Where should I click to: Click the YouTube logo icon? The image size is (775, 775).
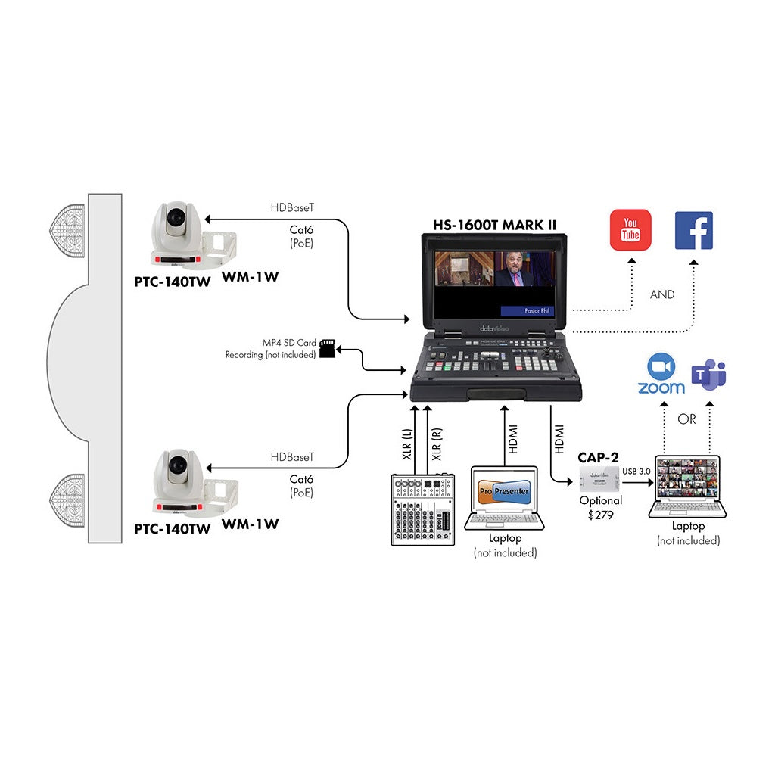630,230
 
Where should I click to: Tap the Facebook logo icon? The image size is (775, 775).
693,230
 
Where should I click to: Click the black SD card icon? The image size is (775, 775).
328,348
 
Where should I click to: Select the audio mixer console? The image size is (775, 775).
422,509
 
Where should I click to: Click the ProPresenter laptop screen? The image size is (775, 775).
505,493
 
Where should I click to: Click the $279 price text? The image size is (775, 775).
601,515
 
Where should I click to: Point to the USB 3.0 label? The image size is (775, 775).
635,472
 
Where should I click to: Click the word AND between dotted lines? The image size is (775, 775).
661,294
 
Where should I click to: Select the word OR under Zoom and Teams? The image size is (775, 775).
686,419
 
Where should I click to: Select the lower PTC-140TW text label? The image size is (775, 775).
173,529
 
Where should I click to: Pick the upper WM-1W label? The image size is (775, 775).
251,276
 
